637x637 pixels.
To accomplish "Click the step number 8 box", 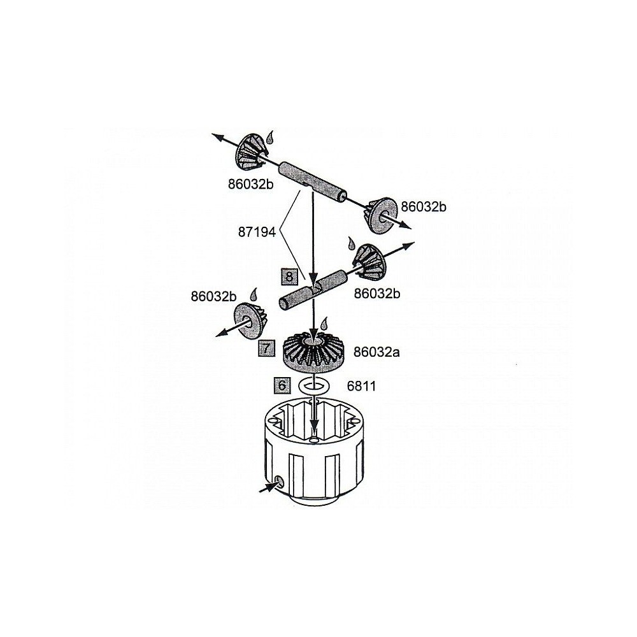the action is pos(289,277).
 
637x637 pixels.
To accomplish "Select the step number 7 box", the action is pos(266,348).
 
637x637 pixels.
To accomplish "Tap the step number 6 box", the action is pos(282,385).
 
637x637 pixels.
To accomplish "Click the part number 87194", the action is pos(257,233).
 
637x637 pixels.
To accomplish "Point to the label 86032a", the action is pos(376,352).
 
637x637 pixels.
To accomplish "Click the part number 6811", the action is pos(362,386).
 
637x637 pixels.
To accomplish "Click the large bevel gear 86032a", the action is pos(313,352).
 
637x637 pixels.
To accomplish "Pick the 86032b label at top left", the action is pos(250,184).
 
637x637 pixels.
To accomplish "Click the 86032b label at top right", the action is pos(424,207).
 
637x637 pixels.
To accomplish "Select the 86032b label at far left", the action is pos(213,296).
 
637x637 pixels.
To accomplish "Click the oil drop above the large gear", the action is pos(324,324).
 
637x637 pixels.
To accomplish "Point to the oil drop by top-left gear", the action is pos(270,138).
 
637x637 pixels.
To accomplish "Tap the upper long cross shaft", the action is pos(312,182).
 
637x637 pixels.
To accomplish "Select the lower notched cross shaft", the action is pos(313,291).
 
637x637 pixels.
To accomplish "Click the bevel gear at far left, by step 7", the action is pos(248,320).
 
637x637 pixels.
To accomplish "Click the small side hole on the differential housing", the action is pos(279,482).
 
